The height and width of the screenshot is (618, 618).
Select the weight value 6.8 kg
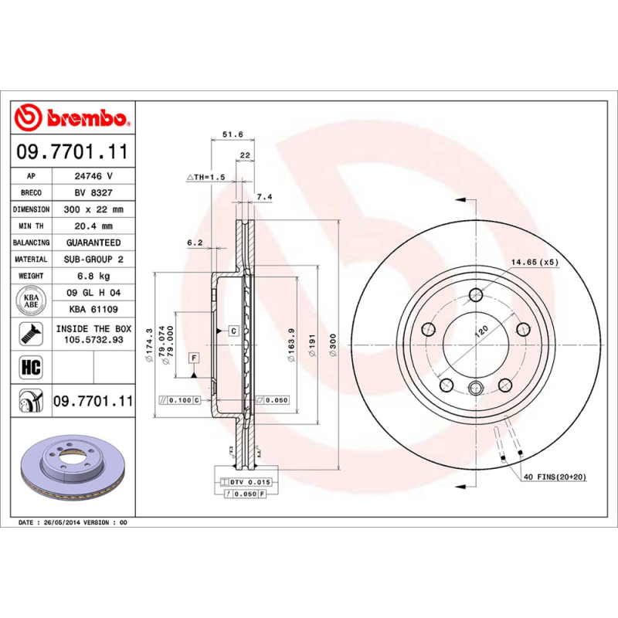(x=93, y=276)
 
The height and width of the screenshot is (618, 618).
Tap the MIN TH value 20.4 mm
(x=93, y=226)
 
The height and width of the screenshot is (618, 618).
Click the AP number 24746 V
(x=93, y=176)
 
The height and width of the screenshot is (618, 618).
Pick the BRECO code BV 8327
(x=93, y=193)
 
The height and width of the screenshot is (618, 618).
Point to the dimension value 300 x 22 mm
(x=93, y=209)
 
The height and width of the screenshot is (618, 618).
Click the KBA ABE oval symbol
(x=31, y=301)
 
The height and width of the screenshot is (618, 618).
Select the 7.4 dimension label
(x=264, y=198)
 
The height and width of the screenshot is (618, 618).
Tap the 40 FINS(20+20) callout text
(x=555, y=477)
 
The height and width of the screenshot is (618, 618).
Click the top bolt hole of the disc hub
(x=476, y=294)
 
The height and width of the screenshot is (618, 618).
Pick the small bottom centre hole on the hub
(x=476, y=389)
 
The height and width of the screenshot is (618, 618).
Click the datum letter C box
(x=233, y=331)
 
